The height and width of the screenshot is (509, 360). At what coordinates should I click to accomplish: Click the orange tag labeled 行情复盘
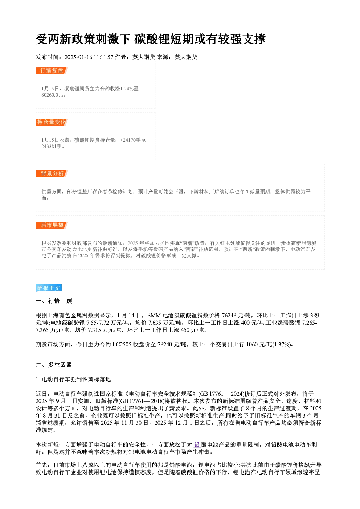52,71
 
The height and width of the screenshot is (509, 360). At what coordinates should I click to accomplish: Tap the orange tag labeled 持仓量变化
52,122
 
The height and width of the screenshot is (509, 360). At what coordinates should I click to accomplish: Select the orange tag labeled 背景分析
52,174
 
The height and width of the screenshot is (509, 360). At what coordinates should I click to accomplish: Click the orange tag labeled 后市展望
52,225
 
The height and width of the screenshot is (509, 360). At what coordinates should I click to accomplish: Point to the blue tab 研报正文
49,288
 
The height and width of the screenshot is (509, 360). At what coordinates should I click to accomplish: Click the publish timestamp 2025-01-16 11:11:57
89,57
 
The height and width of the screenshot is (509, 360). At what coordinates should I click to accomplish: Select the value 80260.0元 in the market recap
52,95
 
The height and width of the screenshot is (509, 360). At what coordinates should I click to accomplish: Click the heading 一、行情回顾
54,301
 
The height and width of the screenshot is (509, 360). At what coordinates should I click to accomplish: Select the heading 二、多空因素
54,365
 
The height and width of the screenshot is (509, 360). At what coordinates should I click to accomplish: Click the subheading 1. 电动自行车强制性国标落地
73,379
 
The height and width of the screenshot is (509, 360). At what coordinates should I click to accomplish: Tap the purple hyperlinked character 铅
197,445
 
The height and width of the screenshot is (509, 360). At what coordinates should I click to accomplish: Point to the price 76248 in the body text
229,316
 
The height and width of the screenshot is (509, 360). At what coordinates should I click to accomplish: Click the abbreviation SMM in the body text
154,316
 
